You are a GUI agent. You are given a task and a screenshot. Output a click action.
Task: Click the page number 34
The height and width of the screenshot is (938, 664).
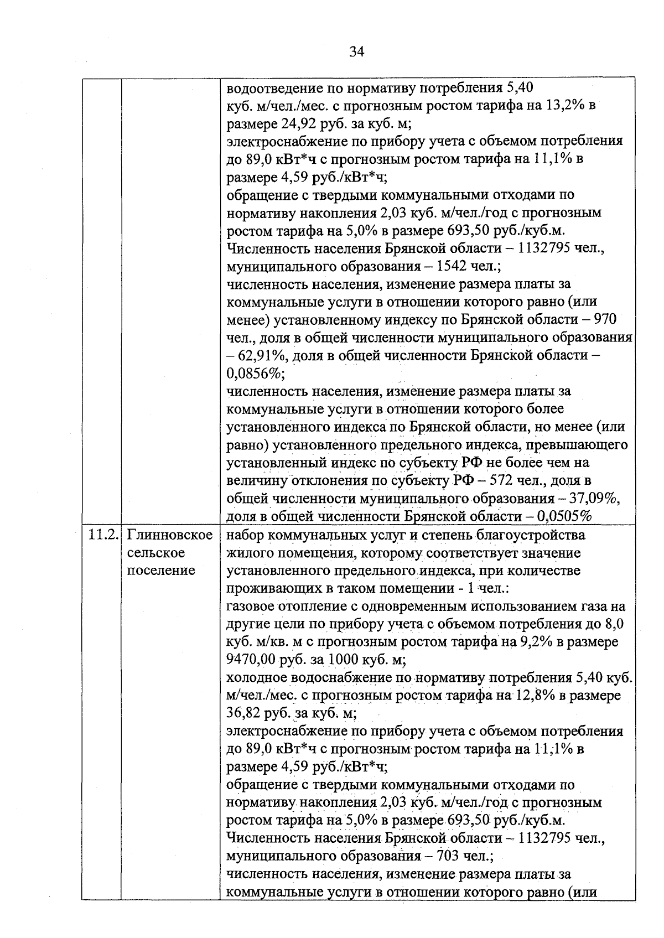pyautogui.click(x=357, y=52)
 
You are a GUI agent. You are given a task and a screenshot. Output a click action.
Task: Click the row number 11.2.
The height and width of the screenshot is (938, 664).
pyautogui.click(x=103, y=535)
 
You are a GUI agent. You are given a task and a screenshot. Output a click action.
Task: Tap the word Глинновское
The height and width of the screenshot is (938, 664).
pyautogui.click(x=170, y=535)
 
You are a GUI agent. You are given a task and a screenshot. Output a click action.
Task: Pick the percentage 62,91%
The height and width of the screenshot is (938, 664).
pyautogui.click(x=262, y=356)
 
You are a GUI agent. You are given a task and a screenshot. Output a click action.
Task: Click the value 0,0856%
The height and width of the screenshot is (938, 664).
pyautogui.click(x=255, y=374)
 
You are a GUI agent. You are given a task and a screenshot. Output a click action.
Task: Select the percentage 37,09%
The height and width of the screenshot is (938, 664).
pyautogui.click(x=594, y=499)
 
